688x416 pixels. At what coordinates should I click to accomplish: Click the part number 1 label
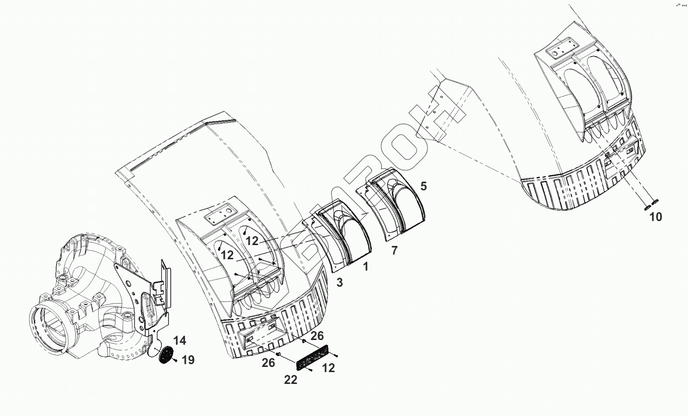coord(365,267)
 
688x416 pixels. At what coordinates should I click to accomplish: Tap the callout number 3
coord(339,282)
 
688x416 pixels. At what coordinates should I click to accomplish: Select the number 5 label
coord(423,186)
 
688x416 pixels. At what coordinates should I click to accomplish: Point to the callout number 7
coord(394,250)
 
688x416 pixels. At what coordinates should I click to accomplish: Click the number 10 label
coord(655,217)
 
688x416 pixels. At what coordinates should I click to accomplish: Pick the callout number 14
coord(179,340)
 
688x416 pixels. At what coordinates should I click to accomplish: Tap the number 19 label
coord(188,361)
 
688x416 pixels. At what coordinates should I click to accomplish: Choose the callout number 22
coord(291,380)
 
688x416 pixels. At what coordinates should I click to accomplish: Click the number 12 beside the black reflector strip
coord(328,368)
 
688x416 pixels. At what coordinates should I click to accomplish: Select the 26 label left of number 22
coord(268,363)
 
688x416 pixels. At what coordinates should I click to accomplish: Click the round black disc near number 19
coord(165,356)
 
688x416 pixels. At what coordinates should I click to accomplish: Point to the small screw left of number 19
coord(175,361)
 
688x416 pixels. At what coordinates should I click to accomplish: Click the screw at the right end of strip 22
coord(336,355)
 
